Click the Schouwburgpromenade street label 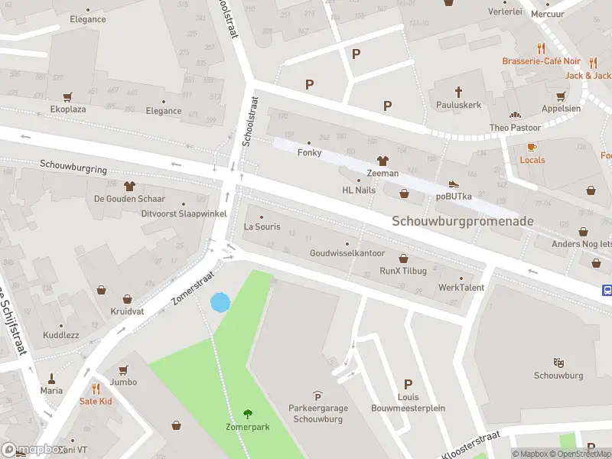463,221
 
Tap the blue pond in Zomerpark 220,302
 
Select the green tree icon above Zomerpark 247,414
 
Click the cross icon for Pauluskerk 458,91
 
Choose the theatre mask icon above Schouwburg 558,363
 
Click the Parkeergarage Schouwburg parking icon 317,396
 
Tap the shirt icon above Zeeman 382,161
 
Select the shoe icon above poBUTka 453,183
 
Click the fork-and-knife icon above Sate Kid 96,389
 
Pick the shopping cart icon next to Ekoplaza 68,97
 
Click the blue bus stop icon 607,290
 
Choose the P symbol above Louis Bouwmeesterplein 408,385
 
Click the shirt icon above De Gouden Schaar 129,186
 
